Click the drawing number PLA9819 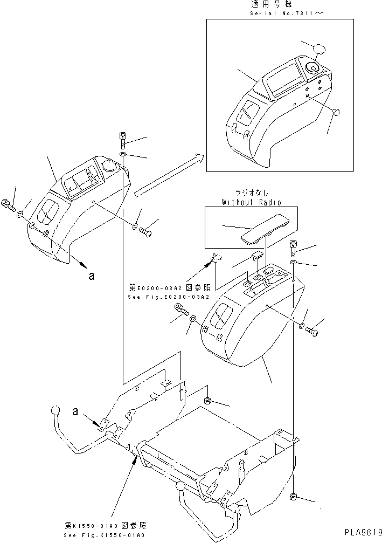pos(363,531)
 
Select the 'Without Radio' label pos(252,202)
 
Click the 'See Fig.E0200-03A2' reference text pos(169,297)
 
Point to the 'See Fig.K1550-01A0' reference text pos(104,535)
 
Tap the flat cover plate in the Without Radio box pos(265,229)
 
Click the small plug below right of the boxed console pos(336,112)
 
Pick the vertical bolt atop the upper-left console pos(123,139)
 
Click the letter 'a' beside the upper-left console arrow pos(92,276)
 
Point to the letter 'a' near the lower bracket pos(75,411)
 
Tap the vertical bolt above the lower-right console pos(293,248)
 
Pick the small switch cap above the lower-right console pos(257,256)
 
